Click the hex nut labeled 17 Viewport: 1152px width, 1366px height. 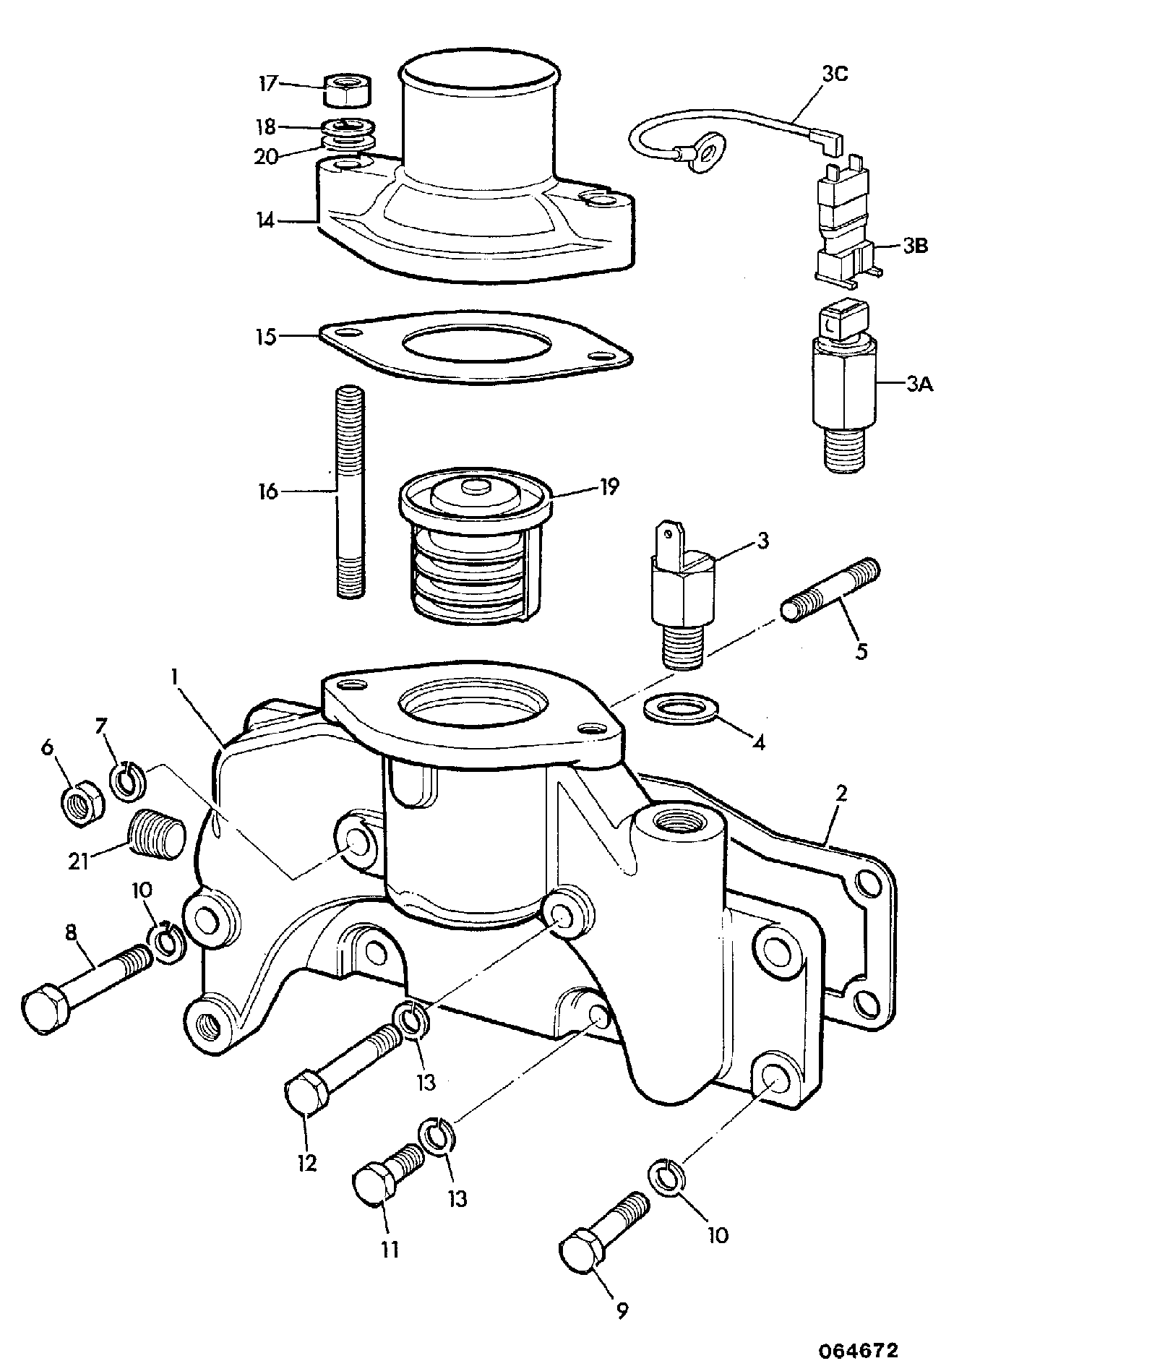click(x=346, y=90)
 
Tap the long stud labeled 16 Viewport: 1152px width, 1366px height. click(x=350, y=492)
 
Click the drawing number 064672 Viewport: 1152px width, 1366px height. click(x=859, y=1349)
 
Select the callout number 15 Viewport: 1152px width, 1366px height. click(x=267, y=338)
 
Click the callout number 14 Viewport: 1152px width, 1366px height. click(x=266, y=220)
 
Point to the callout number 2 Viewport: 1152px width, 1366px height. click(x=841, y=793)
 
